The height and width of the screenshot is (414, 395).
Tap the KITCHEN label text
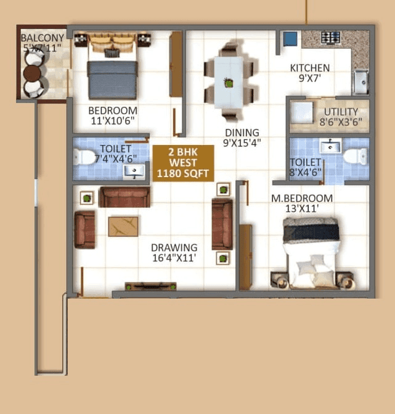point(310,68)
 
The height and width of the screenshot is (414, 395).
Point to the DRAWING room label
point(174,248)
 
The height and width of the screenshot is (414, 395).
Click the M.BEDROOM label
point(302,198)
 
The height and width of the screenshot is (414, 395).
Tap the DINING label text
point(242,133)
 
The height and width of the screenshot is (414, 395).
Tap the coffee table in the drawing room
point(123,226)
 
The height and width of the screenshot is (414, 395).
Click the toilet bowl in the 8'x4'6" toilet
point(355,155)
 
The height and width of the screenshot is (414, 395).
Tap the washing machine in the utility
point(303,114)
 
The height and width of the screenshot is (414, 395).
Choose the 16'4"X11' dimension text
point(174,259)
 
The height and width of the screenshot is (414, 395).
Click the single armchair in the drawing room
point(85,230)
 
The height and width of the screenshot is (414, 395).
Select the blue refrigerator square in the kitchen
point(290,39)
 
